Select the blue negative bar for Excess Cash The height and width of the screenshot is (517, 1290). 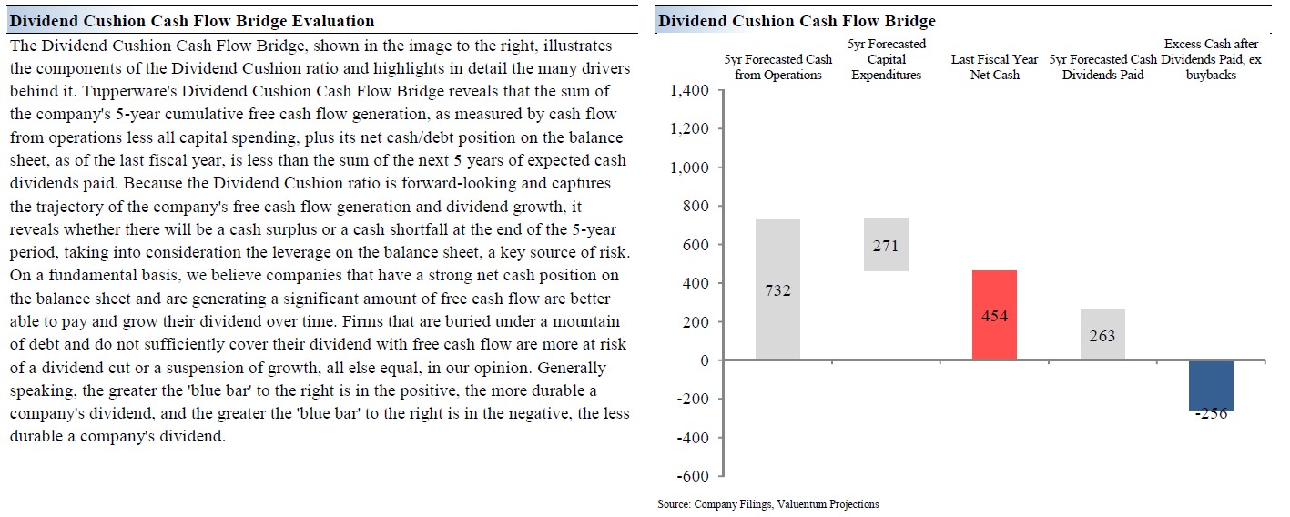coord(1211,384)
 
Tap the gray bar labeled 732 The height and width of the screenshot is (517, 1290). coord(777,289)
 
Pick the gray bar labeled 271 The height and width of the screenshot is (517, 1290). coord(885,245)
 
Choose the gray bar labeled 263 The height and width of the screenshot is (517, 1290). coord(1102,335)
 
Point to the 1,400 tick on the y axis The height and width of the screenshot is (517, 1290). coord(688,91)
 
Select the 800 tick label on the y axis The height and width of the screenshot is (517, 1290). coord(696,207)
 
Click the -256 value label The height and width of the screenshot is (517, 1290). coord(1211,413)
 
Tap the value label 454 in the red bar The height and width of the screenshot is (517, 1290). coord(994,316)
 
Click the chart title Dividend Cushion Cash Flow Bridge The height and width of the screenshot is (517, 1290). coord(797,21)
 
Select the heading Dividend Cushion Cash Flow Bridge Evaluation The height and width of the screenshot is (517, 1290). coord(191,21)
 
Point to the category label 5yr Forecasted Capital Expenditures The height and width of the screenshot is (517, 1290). coord(886,59)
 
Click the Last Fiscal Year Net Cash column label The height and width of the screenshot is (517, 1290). coord(994,66)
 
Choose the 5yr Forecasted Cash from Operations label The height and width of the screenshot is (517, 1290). coord(777,66)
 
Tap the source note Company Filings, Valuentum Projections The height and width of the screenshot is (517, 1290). coord(768,503)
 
